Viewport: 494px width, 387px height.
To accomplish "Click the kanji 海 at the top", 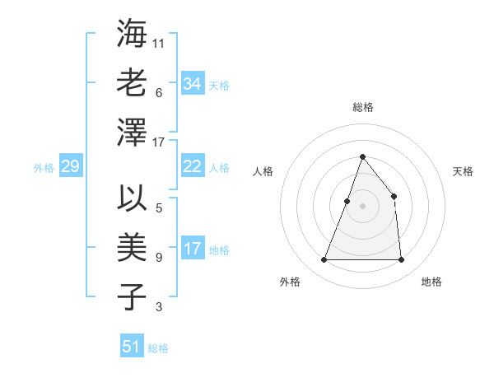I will coord(133,34).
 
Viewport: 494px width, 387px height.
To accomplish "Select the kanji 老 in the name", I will coord(133,83).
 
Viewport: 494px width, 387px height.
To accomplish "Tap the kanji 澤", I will coord(133,132).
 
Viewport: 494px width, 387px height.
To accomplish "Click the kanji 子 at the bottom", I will coord(133,296).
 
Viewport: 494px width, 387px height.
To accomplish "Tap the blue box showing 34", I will coord(192,84).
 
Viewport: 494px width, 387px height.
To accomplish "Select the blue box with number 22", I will coord(192,166).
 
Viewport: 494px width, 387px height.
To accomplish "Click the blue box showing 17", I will coord(192,249).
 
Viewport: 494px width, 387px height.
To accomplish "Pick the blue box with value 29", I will coord(70,166).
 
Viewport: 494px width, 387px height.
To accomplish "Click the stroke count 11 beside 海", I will coord(159,44).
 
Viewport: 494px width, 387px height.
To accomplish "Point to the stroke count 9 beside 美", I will coord(159,258).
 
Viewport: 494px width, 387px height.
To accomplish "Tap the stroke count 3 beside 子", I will coord(159,307).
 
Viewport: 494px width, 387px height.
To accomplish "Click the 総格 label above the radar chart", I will coord(363,107).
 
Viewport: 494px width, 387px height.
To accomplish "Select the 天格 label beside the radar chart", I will coord(464,171).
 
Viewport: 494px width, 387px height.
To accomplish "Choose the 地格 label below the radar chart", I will coord(431,282).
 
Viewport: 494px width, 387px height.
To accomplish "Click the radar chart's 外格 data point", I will coord(324,260).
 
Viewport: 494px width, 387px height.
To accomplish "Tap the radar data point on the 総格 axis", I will coord(363,157).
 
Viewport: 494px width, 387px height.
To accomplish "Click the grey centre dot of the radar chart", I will coord(363,206).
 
